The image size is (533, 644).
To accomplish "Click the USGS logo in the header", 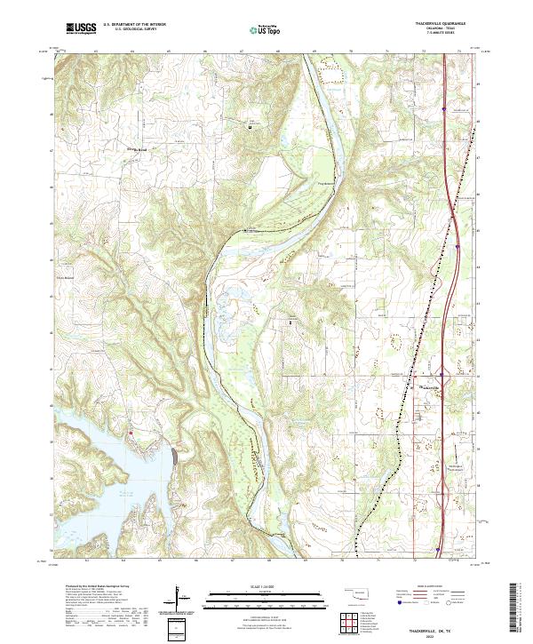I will pyautogui.click(x=81, y=29).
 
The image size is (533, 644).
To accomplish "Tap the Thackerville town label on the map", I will pyautogui.click(x=429, y=387).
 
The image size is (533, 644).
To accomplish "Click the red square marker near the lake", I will pyautogui.click(x=131, y=433).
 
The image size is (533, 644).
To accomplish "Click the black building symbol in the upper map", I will pyautogui.click(x=251, y=126).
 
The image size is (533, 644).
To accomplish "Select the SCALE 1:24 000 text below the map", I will pyautogui.click(x=266, y=585).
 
